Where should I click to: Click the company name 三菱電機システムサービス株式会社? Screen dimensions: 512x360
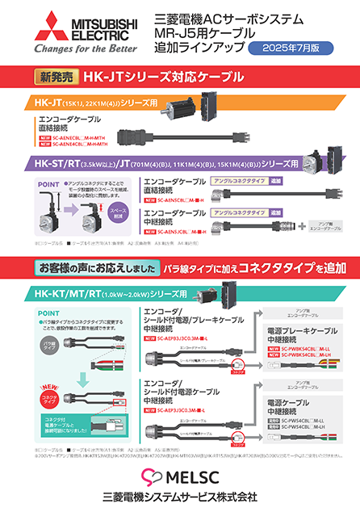179,495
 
